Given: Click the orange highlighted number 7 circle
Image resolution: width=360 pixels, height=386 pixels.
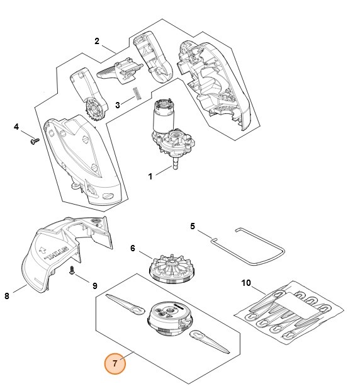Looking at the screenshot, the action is pos(115,363).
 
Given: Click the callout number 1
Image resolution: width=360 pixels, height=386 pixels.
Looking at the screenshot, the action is pos(150,176).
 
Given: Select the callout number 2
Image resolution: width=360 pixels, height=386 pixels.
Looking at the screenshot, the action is pos(97,41).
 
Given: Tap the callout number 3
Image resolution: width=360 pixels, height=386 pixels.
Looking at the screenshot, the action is pos(118,105).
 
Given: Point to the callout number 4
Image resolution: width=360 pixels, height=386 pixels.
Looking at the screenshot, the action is pos(16,127).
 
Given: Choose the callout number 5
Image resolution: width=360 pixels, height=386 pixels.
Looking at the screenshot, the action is pos(193,226).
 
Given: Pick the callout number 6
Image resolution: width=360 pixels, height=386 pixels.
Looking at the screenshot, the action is pos(133,248).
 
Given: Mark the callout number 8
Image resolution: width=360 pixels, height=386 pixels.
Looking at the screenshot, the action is pos(7,296).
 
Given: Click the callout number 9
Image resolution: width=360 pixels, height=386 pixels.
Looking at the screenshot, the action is pos(95,286).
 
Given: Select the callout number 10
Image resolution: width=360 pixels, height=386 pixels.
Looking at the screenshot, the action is pos(246,283).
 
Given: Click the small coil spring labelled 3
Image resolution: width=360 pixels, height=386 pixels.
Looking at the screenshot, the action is pos(137,94).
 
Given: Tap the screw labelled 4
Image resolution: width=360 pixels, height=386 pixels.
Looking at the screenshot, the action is pos(35,141).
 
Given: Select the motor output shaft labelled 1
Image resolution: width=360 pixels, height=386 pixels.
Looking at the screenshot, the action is pos(176,164).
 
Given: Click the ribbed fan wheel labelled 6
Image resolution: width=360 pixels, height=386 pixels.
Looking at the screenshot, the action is pos(172,268).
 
